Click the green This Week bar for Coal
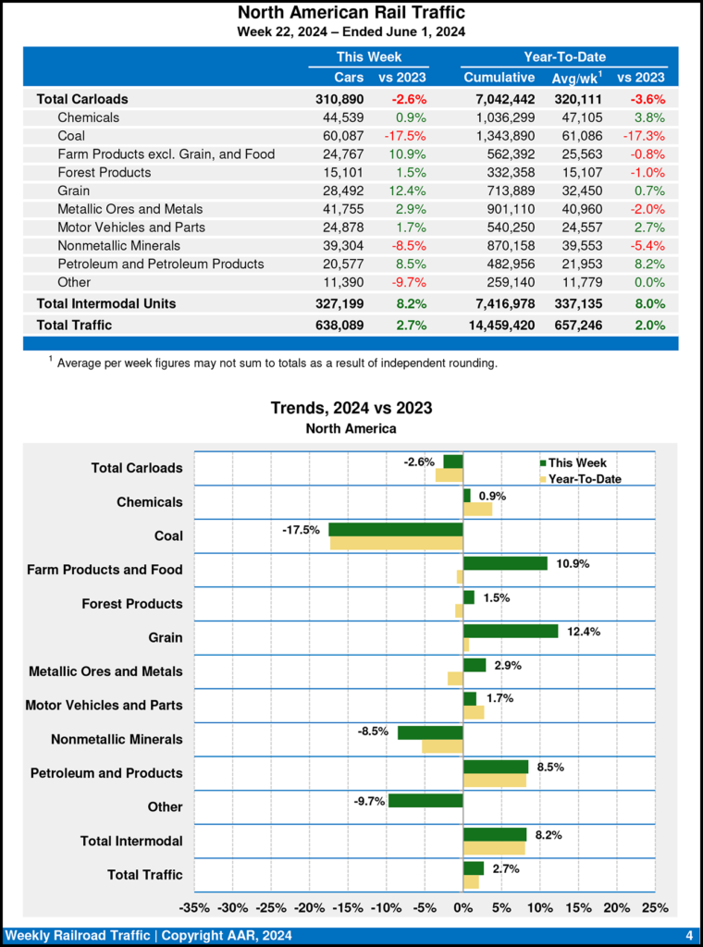396,530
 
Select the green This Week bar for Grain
510,631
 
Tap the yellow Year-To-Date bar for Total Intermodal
494,848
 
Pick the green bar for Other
425,800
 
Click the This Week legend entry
572,462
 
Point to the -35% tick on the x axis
194,908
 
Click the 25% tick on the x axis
655,908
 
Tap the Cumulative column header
499,78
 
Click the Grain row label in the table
73,191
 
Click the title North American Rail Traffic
351,13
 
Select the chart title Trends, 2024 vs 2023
351,408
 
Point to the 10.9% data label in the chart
573,563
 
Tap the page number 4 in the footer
689,936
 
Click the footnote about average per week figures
276,363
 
